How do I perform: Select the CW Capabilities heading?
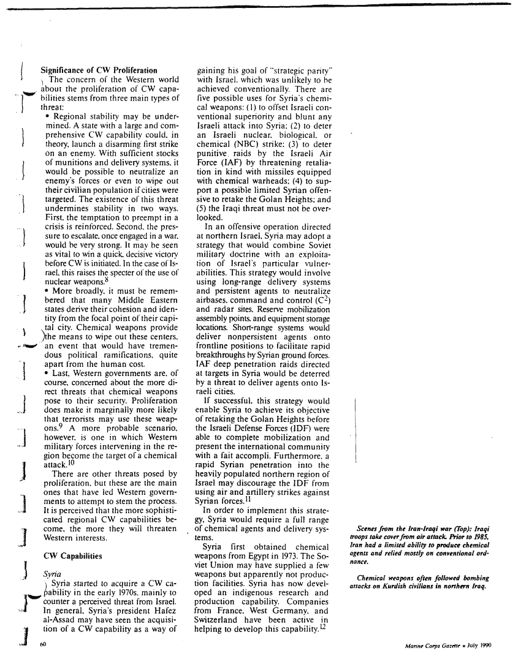[71, 556]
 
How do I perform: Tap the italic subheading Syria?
[50, 576]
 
